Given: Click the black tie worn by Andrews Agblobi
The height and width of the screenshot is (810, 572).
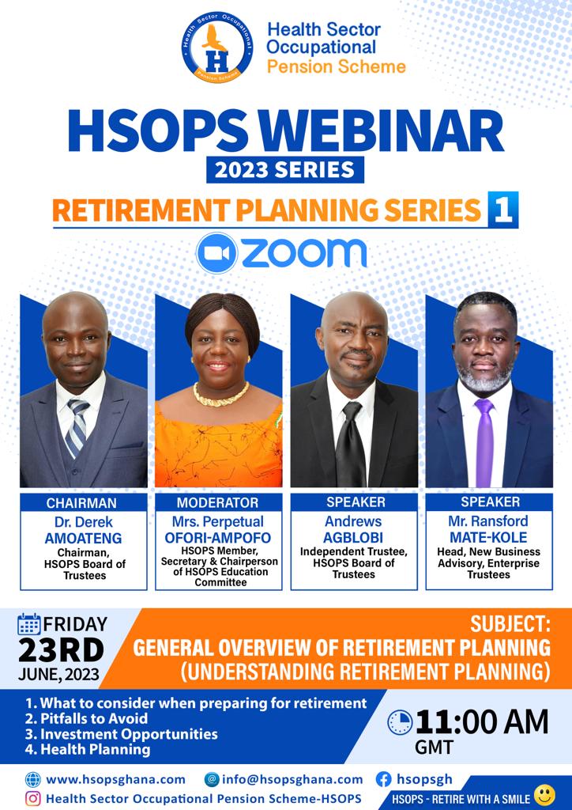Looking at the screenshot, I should [x=349, y=443].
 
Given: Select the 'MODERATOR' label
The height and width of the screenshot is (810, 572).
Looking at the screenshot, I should [x=217, y=502].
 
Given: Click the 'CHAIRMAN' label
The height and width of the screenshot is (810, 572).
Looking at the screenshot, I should [x=82, y=502].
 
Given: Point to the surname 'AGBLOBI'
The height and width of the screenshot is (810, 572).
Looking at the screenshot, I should [x=353, y=538].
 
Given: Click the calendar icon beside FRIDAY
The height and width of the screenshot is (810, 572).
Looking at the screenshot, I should [x=29, y=624].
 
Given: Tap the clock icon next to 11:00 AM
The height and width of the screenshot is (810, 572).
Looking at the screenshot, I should [x=401, y=723].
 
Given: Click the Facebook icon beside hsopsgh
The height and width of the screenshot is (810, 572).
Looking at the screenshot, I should [x=385, y=779].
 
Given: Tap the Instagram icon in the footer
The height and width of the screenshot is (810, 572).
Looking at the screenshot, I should [x=33, y=798].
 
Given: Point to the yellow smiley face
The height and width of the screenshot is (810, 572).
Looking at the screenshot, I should [x=545, y=796].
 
